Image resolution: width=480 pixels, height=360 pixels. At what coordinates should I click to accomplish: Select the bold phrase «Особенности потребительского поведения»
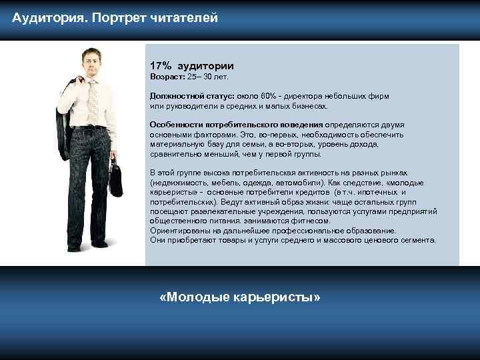click(237, 125)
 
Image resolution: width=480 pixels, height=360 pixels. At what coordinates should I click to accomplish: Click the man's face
click(89, 63)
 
